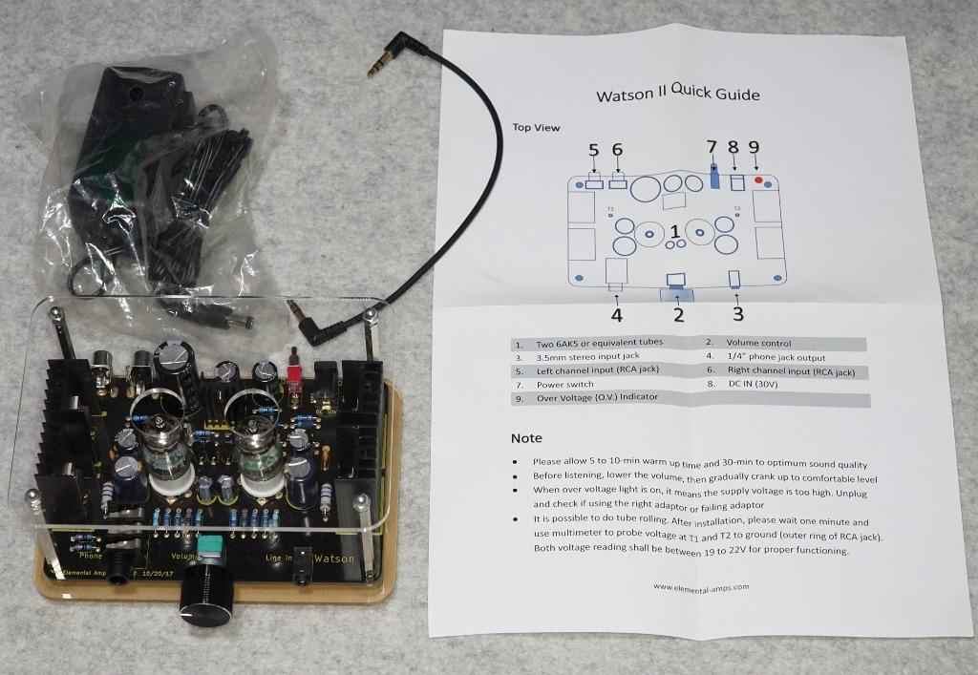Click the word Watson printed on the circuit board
[x=334, y=559]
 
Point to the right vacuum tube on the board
[x=258, y=452]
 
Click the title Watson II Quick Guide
[x=678, y=93]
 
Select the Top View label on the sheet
[x=536, y=127]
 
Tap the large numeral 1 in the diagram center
[x=675, y=231]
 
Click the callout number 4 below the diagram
[x=616, y=315]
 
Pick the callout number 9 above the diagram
[x=755, y=148]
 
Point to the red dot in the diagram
[x=758, y=180]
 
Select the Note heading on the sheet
[x=526, y=438]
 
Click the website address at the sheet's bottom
[x=701, y=586]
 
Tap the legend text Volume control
[x=758, y=343]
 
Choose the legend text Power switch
[x=565, y=385]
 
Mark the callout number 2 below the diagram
[x=679, y=315]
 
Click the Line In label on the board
[x=279, y=558]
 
